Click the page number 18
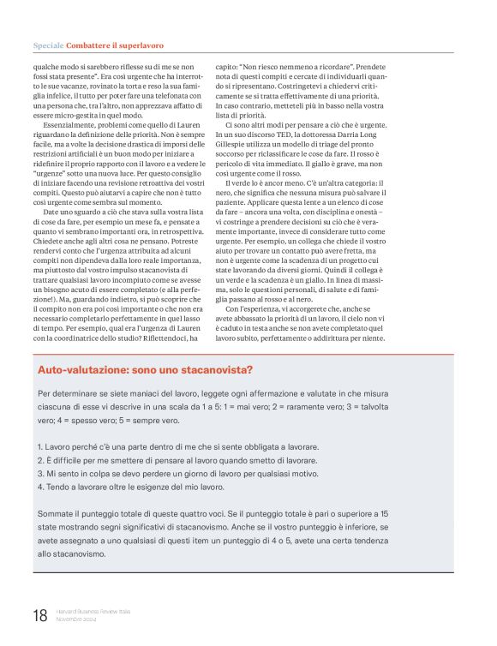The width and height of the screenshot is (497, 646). pos(40,614)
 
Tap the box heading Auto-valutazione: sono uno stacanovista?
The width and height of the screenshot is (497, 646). pos(145,369)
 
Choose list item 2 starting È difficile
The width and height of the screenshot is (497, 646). pos(171,460)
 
